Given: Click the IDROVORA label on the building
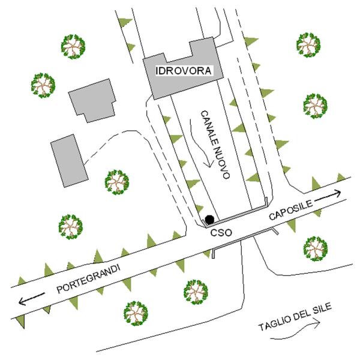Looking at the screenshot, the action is tap(183, 71).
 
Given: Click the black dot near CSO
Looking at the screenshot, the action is tap(209, 220).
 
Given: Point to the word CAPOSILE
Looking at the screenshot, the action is tap(290, 211).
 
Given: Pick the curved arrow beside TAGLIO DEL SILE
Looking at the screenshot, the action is tap(314, 324).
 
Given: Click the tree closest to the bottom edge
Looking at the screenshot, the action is tap(136, 313).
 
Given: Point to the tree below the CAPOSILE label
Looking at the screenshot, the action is tap(314, 247).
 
